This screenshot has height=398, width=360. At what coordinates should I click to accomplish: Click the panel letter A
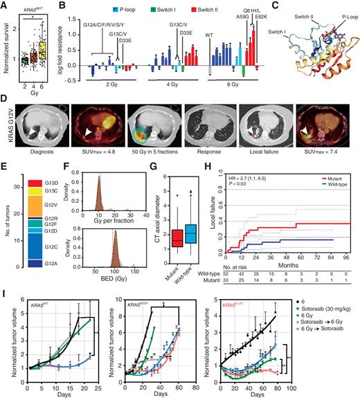6,6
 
